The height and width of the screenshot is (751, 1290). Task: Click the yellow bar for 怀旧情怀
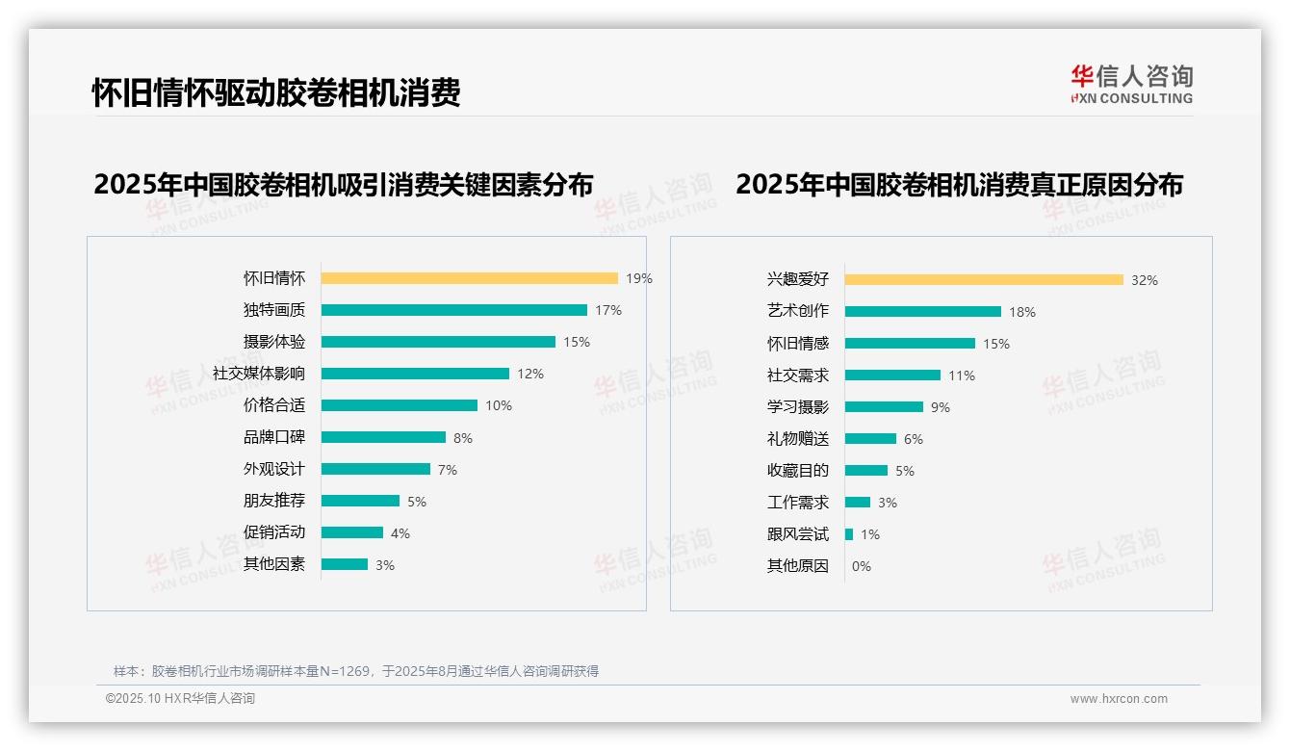(469, 278)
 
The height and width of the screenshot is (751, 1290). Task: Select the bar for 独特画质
(453, 310)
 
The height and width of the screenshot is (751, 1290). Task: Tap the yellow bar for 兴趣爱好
(984, 280)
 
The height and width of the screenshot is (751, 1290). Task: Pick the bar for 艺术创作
(922, 312)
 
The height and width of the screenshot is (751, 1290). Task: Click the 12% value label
(530, 374)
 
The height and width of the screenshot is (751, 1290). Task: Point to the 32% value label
(1145, 280)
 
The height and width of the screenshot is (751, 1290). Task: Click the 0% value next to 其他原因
(862, 566)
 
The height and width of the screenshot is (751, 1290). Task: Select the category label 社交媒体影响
(259, 374)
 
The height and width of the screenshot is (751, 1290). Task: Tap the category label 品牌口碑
(274, 437)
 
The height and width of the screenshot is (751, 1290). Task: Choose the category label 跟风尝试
(798, 534)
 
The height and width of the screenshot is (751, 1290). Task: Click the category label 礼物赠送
(798, 439)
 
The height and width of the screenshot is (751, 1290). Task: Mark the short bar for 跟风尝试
(849, 534)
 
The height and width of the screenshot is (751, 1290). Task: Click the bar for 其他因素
(345, 564)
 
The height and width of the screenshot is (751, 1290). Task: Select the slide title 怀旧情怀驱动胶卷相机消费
(276, 92)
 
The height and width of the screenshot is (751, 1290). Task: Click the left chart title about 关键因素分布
(344, 184)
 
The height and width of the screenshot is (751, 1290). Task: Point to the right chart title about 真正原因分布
(959, 184)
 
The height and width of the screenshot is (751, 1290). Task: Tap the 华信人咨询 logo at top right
(1131, 85)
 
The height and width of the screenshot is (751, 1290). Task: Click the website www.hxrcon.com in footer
(1119, 699)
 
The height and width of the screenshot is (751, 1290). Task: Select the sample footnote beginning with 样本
(356, 671)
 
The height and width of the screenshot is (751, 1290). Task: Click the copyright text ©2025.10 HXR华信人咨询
(181, 699)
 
